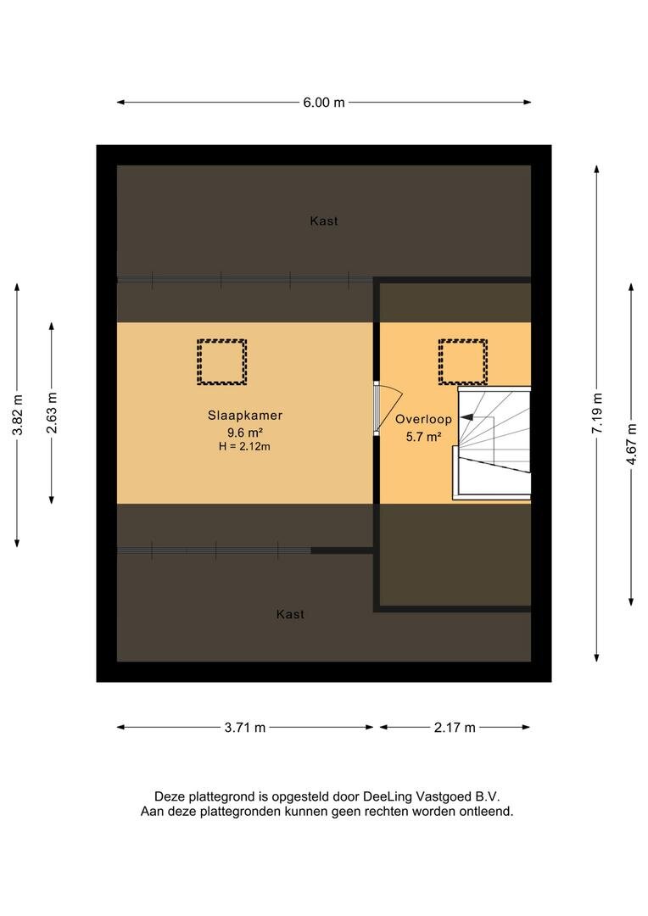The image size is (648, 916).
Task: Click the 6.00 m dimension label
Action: tap(324, 103)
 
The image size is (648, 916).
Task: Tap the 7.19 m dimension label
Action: tap(596, 414)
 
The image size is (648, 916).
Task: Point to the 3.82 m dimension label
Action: tap(18, 415)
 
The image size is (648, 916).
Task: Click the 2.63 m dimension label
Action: tap(52, 413)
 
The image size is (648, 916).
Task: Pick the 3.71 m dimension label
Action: tap(245, 728)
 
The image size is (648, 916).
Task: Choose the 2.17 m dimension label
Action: tap(455, 728)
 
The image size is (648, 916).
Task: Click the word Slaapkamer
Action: tap(245, 416)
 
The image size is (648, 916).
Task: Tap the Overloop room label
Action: tap(423, 420)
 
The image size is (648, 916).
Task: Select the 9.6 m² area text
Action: tap(245, 433)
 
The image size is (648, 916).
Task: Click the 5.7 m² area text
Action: tap(423, 437)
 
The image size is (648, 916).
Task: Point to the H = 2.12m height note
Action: tap(245, 448)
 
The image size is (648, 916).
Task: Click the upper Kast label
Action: tap(324, 221)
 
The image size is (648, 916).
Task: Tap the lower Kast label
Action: tap(290, 615)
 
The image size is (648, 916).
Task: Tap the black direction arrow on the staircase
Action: tap(466, 417)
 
